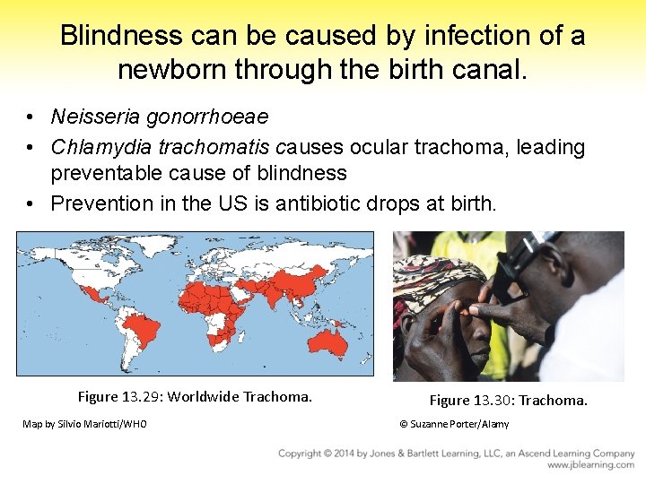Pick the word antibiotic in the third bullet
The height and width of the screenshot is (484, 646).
pos(318,203)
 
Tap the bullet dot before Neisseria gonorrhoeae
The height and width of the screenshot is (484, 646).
pos(31,117)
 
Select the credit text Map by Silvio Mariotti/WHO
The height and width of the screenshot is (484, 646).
pos(84,424)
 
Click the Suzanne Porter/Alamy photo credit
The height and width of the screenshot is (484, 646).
pos(454,424)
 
